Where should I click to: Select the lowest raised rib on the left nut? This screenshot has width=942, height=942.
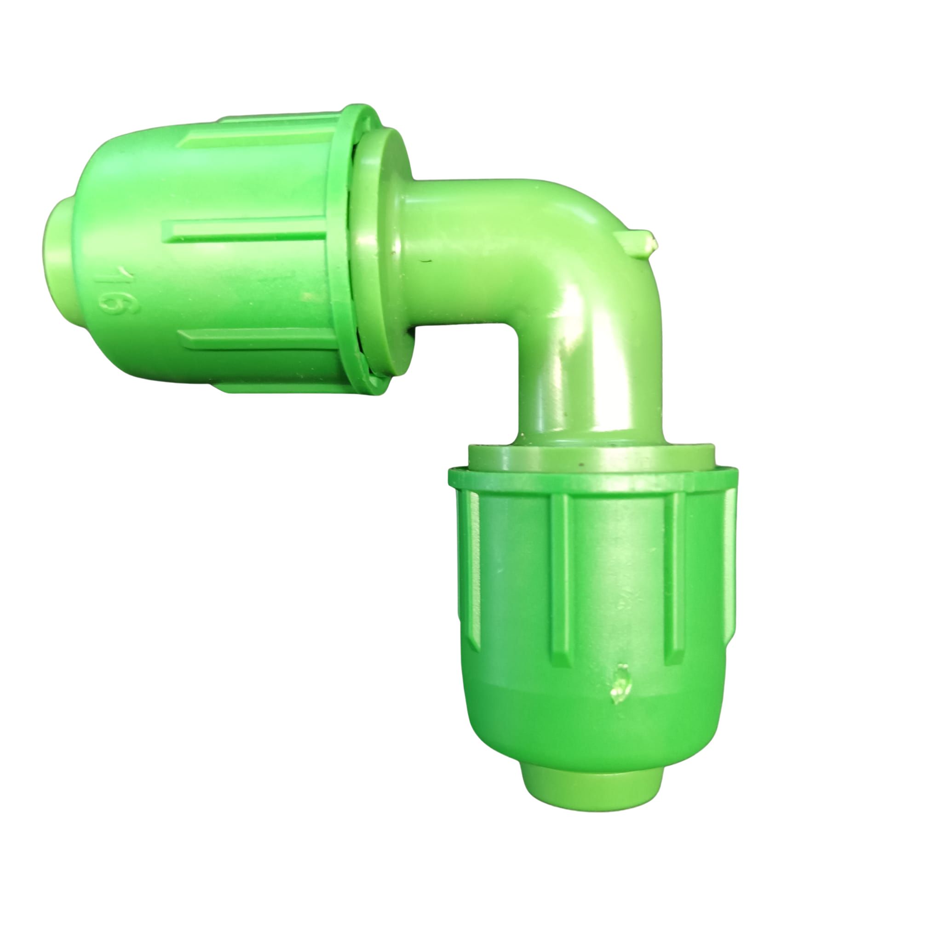pyautogui.click(x=258, y=339)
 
